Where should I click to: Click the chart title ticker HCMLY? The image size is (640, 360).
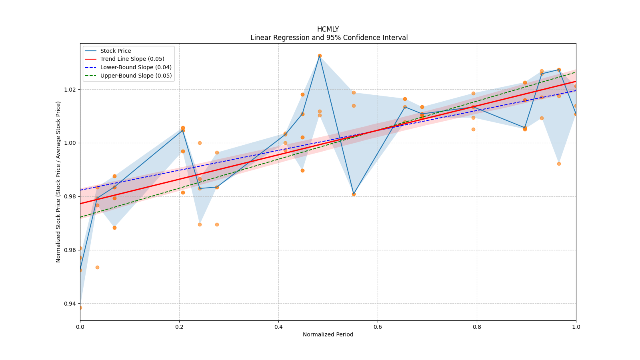pyautogui.click(x=328, y=29)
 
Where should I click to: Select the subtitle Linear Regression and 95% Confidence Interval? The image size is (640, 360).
pyautogui.click(x=329, y=38)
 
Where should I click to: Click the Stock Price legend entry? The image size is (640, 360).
pyautogui.click(x=115, y=51)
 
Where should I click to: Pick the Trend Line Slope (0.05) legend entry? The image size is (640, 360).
pyautogui.click(x=132, y=59)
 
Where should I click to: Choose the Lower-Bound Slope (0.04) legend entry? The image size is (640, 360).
pyautogui.click(x=136, y=67)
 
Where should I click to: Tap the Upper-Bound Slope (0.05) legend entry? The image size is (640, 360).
pyautogui.click(x=136, y=76)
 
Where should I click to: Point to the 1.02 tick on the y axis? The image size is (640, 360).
pyautogui.click(x=70, y=89)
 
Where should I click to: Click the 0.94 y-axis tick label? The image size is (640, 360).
pyautogui.click(x=70, y=304)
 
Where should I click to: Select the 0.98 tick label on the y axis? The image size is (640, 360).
pyautogui.click(x=70, y=196)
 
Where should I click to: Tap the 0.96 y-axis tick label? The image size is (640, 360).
pyautogui.click(x=70, y=250)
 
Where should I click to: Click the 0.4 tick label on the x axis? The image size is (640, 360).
pyautogui.click(x=278, y=327)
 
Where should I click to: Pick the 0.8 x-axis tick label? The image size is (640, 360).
pyautogui.click(x=477, y=327)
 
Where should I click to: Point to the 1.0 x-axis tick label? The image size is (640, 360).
pyautogui.click(x=576, y=327)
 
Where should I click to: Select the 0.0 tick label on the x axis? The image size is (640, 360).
pyautogui.click(x=80, y=327)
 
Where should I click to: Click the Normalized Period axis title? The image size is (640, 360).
pyautogui.click(x=328, y=334)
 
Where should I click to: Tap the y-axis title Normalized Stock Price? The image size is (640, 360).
pyautogui.click(x=58, y=182)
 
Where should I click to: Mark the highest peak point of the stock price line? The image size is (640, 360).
pyautogui.click(x=320, y=56)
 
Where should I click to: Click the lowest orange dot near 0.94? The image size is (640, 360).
pyautogui.click(x=80, y=308)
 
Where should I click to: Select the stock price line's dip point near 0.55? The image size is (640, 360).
pyautogui.click(x=354, y=194)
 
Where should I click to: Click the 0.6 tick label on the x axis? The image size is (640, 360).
pyautogui.click(x=378, y=327)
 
